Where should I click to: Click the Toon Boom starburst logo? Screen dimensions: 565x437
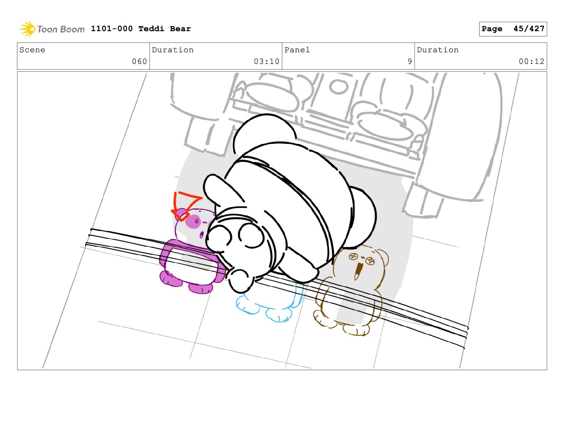pyautogui.click(x=27, y=29)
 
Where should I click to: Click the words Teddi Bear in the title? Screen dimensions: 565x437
pyautogui.click(x=164, y=29)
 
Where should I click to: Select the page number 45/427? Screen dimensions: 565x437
pyautogui.click(x=529, y=29)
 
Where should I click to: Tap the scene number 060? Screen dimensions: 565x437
pyautogui.click(x=139, y=61)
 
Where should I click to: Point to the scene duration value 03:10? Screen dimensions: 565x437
pyautogui.click(x=266, y=61)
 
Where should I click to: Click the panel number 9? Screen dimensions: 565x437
pyautogui.click(x=409, y=61)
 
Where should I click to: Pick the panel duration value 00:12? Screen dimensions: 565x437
pyautogui.click(x=531, y=61)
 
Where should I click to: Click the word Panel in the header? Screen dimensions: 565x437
pyautogui.click(x=297, y=50)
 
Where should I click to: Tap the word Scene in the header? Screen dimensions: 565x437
pyautogui.click(x=32, y=50)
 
